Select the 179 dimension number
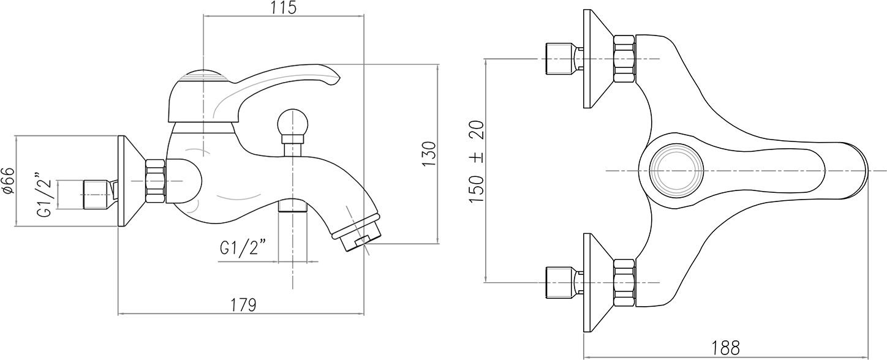click(x=244, y=305)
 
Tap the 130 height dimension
click(x=429, y=154)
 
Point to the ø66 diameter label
click(x=9, y=181)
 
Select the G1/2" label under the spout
click(x=243, y=248)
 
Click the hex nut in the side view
click(x=156, y=182)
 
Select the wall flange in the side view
click(x=131, y=181)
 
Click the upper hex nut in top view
click(x=624, y=59)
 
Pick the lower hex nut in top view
click(x=624, y=282)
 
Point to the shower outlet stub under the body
click(x=293, y=205)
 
